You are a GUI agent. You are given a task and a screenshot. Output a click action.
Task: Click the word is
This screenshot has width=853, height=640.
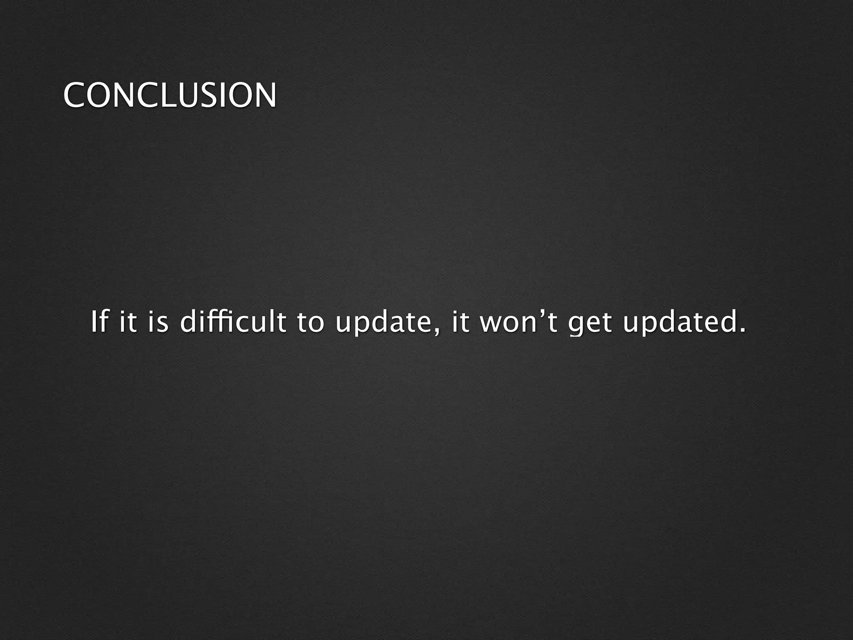point(158,322)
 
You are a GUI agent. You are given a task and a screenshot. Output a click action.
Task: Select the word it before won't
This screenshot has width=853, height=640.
point(461,322)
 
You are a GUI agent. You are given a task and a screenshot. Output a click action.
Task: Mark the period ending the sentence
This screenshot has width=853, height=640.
point(742,331)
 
